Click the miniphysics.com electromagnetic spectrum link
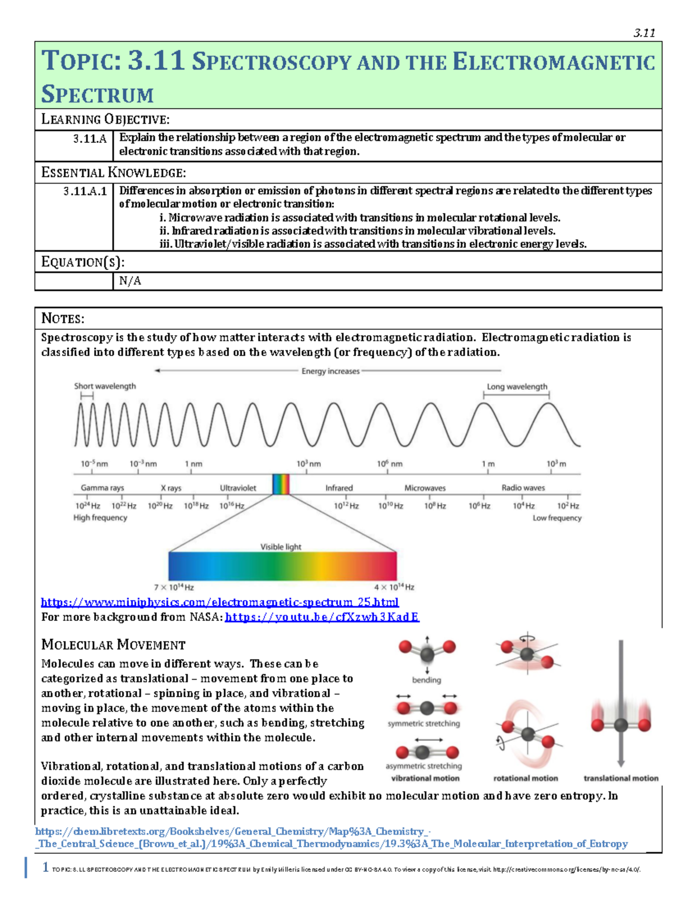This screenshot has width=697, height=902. pyautogui.click(x=220, y=602)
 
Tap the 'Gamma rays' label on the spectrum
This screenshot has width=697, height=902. pyautogui.click(x=102, y=488)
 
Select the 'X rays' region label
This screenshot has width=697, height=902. pyautogui.click(x=171, y=488)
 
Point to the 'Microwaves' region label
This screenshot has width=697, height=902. pyautogui.click(x=425, y=488)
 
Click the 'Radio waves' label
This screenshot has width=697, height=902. pyautogui.click(x=523, y=488)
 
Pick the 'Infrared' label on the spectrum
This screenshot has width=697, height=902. pyautogui.click(x=339, y=488)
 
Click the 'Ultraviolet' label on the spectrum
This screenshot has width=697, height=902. pyautogui.click(x=238, y=488)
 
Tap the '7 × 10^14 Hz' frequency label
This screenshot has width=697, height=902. pyautogui.click(x=174, y=587)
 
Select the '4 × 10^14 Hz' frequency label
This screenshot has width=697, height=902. pyautogui.click(x=394, y=587)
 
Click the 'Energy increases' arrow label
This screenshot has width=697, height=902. pyautogui.click(x=330, y=371)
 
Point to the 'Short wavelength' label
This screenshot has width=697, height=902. pyautogui.click(x=105, y=386)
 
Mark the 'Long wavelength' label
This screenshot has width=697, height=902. pyautogui.click(x=516, y=387)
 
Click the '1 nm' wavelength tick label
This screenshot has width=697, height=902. pyautogui.click(x=193, y=464)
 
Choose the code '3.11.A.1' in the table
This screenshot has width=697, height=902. pyautogui.click(x=85, y=191)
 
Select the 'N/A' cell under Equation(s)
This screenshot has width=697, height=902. pyautogui.click(x=130, y=281)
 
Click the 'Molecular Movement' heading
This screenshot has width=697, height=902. pyautogui.click(x=113, y=645)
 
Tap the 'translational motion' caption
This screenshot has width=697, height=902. pyautogui.click(x=620, y=778)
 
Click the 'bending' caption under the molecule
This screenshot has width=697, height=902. pyautogui.click(x=426, y=680)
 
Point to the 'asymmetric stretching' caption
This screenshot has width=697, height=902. pyautogui.click(x=423, y=766)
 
